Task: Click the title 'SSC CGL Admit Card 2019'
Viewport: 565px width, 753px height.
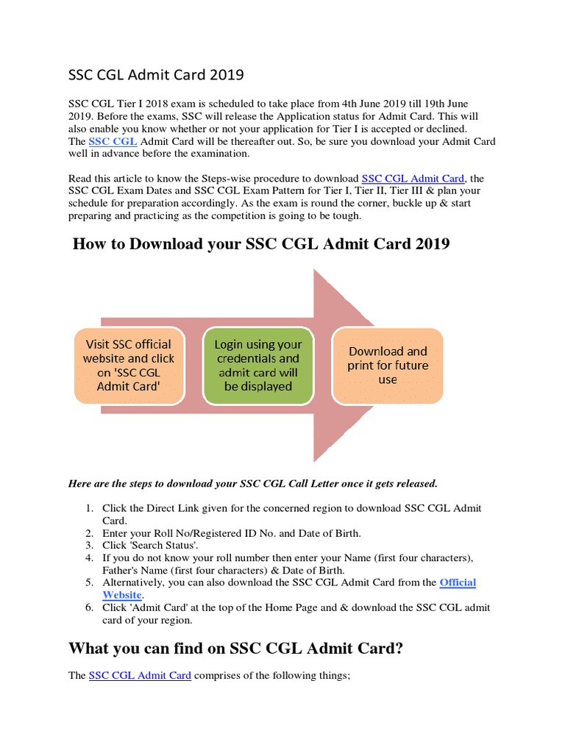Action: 155,75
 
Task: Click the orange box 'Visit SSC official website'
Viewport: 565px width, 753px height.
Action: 129,365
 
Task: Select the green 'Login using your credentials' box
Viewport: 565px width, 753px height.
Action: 257,365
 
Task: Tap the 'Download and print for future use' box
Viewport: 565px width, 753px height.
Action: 388,365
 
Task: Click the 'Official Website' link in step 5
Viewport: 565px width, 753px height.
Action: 458,582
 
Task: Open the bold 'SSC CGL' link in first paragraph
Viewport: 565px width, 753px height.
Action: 113,141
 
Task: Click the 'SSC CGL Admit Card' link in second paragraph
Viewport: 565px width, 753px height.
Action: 413,179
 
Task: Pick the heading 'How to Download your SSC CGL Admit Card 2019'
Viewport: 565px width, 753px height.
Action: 261,244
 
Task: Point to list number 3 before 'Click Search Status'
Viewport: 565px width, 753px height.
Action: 88,545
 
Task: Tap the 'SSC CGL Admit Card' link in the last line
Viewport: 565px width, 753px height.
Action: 140,675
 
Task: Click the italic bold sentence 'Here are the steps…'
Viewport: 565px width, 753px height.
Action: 252,483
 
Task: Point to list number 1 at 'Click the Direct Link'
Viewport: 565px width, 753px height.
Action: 88,509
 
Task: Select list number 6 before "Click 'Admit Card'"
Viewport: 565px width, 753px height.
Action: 88,607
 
